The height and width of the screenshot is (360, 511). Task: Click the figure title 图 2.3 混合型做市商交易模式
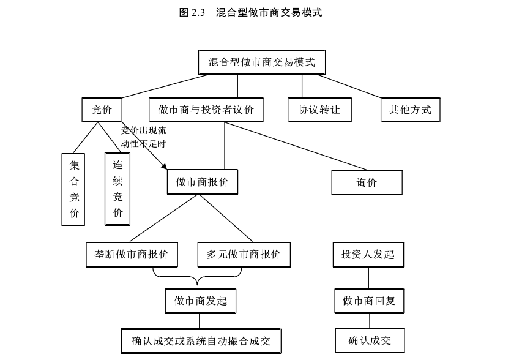[x=251, y=12]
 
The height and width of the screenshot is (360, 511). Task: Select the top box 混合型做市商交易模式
[x=261, y=62]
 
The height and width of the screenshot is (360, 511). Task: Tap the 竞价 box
[x=102, y=110]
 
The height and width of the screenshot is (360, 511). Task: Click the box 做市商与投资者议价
[x=206, y=110]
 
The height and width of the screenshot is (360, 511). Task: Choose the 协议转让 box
[x=319, y=110]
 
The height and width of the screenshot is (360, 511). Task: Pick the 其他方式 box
[x=410, y=110]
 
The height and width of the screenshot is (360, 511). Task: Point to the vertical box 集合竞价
[x=74, y=189]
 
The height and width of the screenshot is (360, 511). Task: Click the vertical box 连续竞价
[x=117, y=189]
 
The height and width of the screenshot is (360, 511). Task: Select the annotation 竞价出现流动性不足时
[x=143, y=137]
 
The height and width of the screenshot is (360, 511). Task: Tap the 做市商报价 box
[x=203, y=182]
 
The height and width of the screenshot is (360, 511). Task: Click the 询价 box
[x=367, y=182]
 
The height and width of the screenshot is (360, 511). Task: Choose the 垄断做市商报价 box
[x=132, y=254]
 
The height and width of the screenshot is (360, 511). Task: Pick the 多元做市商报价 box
[x=244, y=254]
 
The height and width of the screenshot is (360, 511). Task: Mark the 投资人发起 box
[x=368, y=254]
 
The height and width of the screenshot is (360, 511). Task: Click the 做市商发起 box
[x=200, y=301]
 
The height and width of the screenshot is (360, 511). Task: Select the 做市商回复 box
[x=369, y=301]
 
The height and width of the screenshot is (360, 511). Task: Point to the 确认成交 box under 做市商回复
[x=370, y=340]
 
